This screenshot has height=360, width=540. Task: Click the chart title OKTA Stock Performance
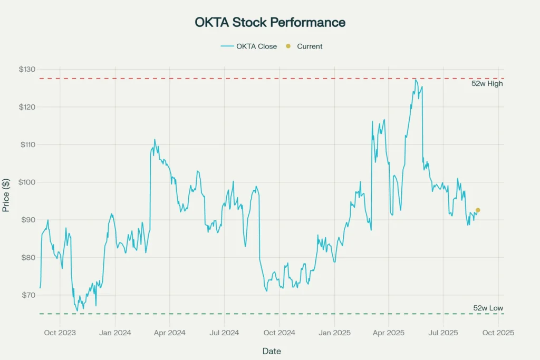click(x=270, y=23)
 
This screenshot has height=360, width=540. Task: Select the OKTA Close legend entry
click(x=249, y=46)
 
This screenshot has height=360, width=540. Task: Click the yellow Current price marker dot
click(x=478, y=210)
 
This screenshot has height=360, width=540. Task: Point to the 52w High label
click(x=487, y=83)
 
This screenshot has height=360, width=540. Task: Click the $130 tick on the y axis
click(x=27, y=70)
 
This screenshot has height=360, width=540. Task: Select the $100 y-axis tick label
click(x=27, y=182)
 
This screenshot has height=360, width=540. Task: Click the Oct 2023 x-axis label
click(x=60, y=333)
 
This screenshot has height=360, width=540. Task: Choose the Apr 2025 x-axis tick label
click(x=389, y=333)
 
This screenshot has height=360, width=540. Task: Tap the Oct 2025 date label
click(x=498, y=333)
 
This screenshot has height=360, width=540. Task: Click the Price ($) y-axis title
click(x=6, y=195)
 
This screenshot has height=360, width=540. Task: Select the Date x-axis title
click(x=272, y=351)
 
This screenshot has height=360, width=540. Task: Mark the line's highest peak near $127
click(x=416, y=80)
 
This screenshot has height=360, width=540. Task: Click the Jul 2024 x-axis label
click(x=224, y=333)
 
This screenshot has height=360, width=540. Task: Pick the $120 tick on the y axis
click(x=27, y=107)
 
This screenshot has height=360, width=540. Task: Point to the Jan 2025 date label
click(x=334, y=333)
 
